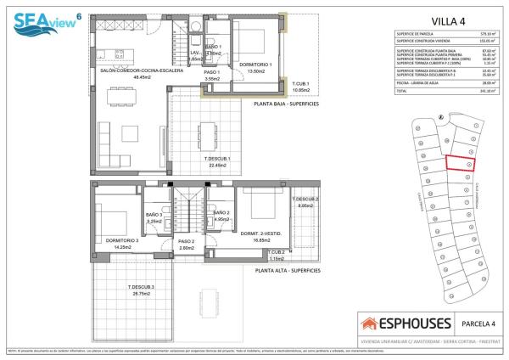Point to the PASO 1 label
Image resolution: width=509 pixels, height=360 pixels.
(x=211, y=72)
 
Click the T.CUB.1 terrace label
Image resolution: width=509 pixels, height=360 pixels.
(x=301, y=83)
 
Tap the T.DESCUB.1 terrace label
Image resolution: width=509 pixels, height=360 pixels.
(x=217, y=160)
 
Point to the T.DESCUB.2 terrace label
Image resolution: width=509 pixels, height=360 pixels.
(x=308, y=200)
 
